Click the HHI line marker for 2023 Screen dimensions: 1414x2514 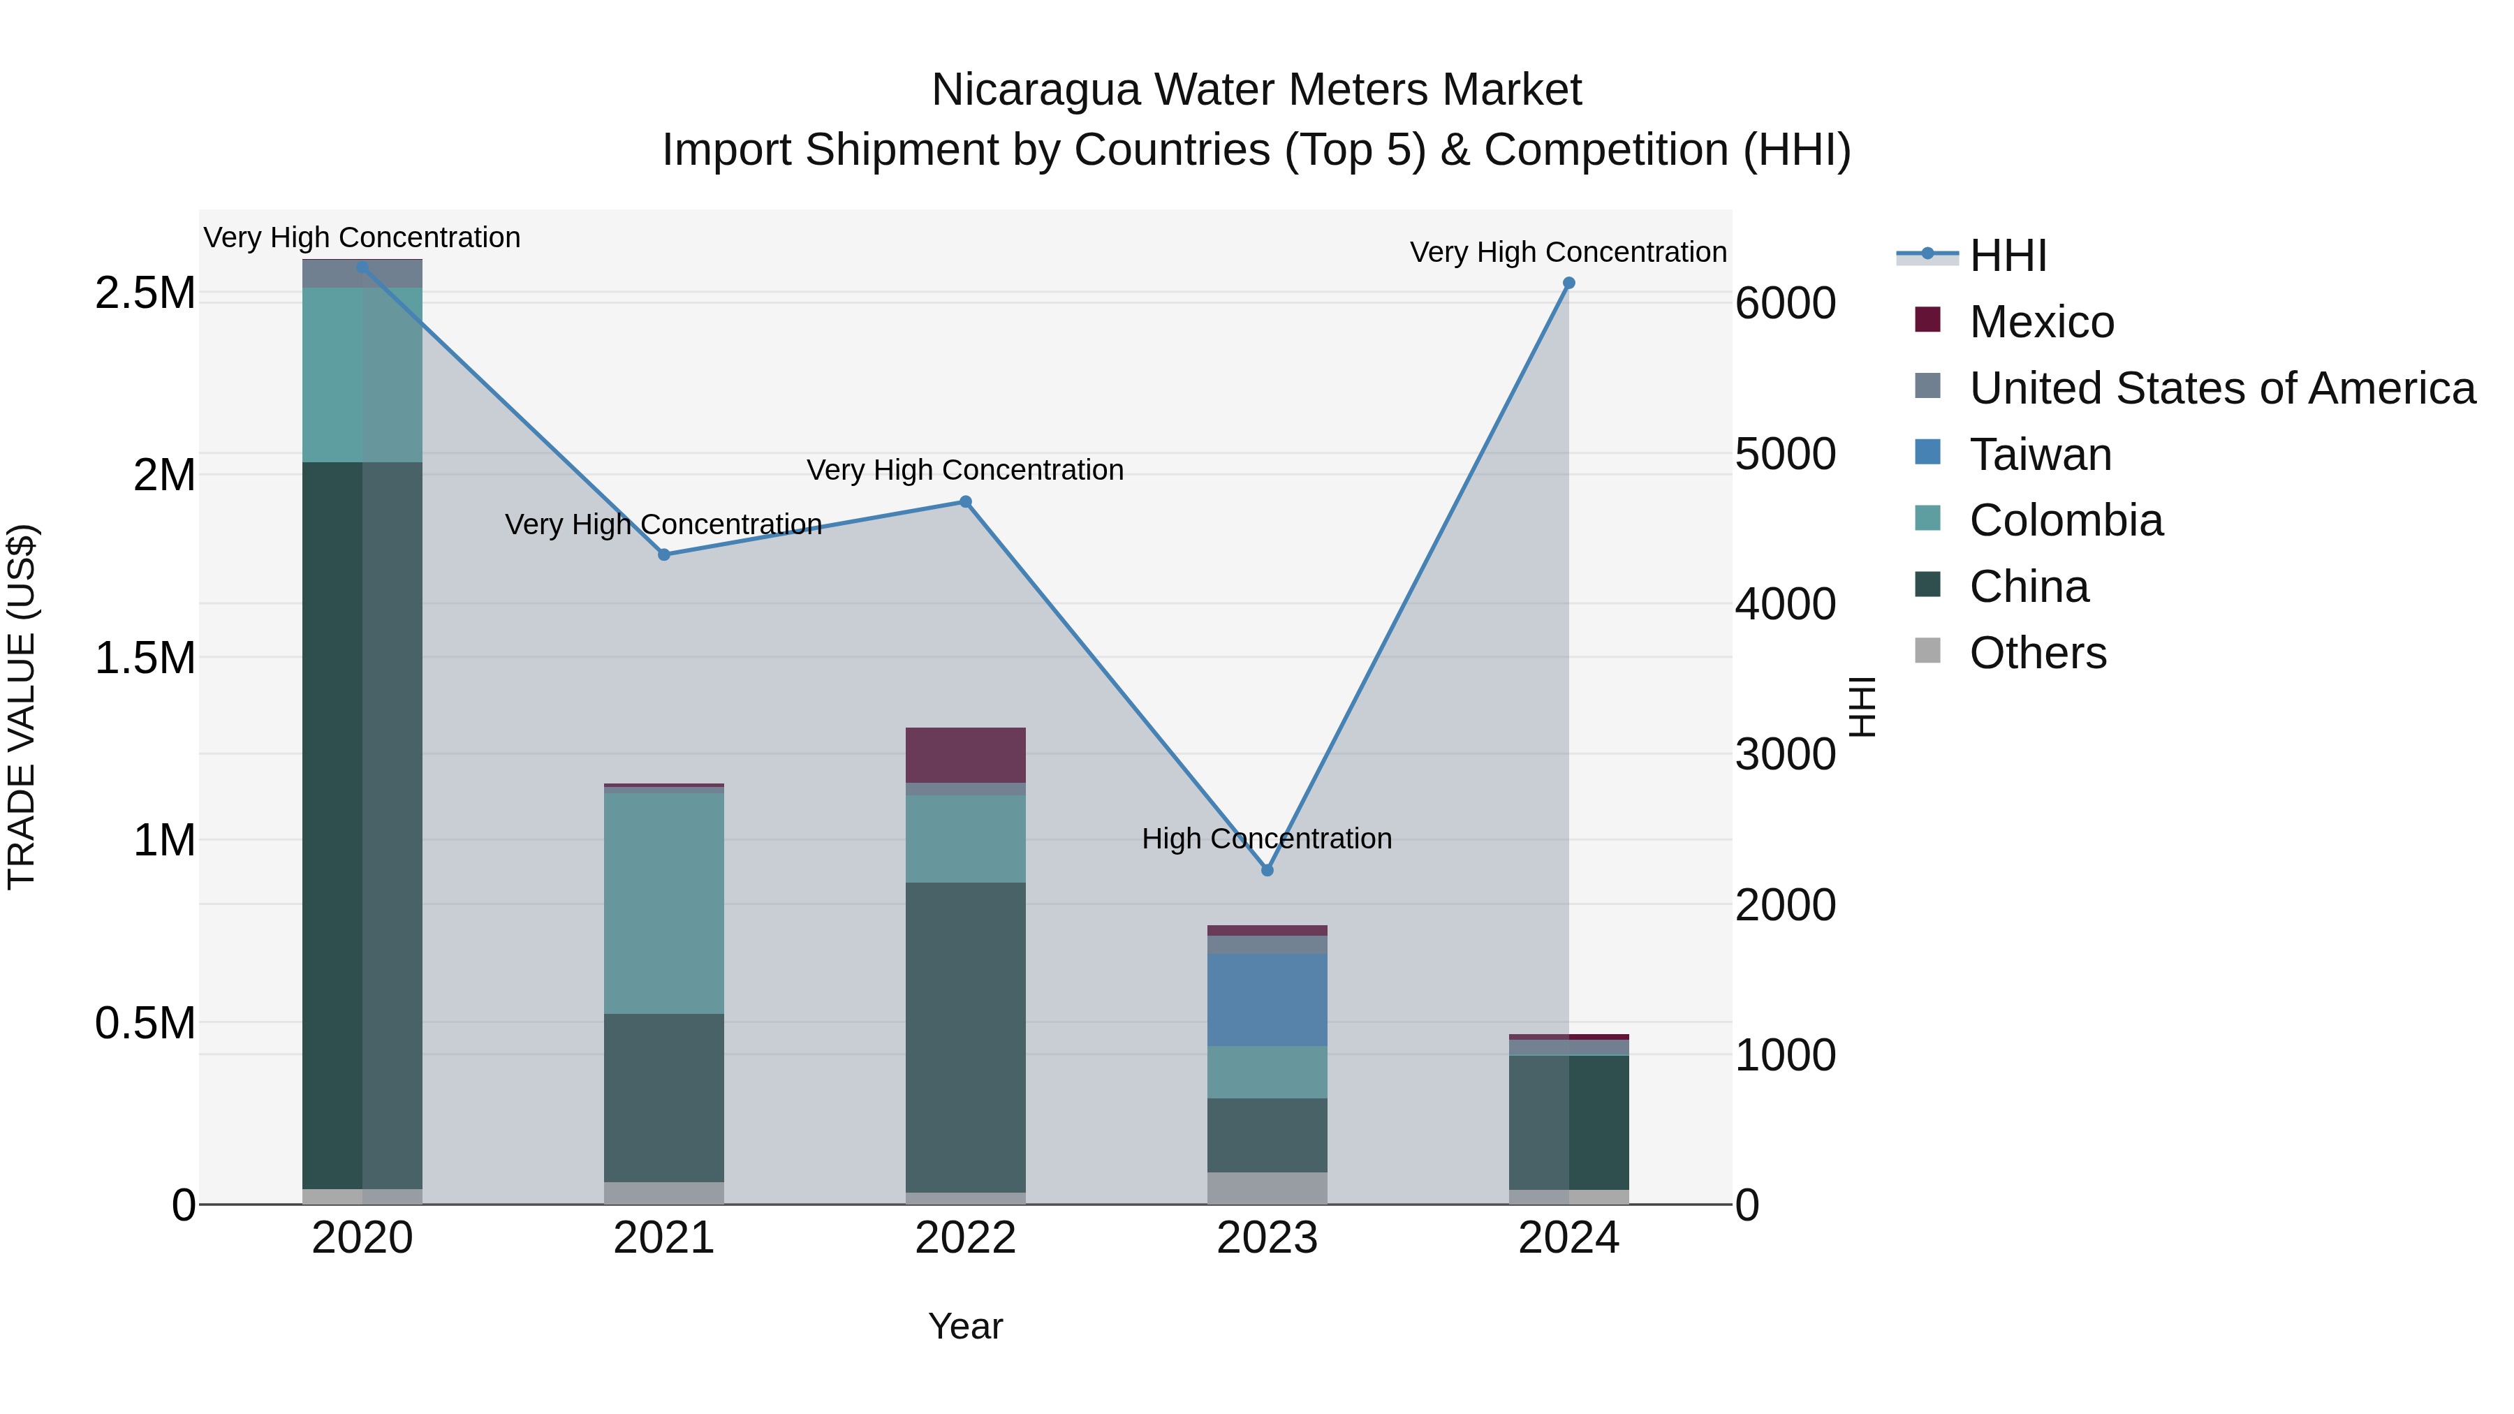point(1267,869)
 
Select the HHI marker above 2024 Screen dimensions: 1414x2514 point(1568,283)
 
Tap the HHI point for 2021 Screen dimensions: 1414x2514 point(663,554)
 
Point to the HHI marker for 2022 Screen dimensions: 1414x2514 point(965,501)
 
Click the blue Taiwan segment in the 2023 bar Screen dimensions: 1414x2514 point(1267,999)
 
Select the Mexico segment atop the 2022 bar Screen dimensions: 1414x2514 point(965,754)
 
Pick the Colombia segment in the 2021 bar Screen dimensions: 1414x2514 point(663,903)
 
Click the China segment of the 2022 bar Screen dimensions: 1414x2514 point(965,1036)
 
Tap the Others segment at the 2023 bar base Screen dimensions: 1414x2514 point(1267,1188)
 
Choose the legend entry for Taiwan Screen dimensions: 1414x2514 point(2040,455)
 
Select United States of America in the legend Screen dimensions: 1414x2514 point(2221,388)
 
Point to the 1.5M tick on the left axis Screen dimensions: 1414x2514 point(145,658)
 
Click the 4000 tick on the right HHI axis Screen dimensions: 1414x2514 point(1784,604)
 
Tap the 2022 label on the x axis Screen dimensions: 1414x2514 point(965,1238)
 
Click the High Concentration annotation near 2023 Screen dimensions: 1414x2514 point(1267,838)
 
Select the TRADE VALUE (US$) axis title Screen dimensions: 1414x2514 point(22,707)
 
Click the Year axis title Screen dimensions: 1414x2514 point(965,1326)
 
